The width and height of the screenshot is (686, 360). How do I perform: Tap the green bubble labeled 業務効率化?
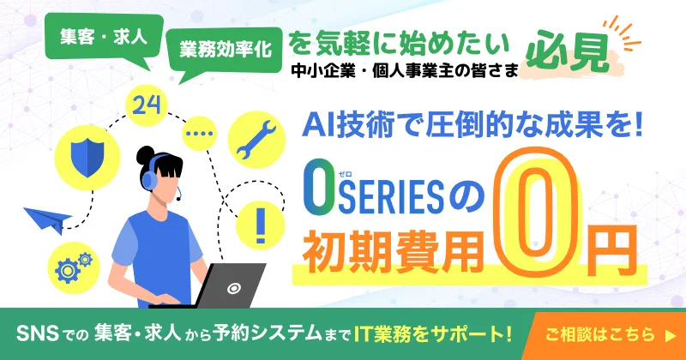pyautogui.click(x=226, y=50)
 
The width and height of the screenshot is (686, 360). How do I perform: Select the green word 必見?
pyautogui.click(x=573, y=52)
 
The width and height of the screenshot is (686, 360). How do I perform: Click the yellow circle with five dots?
pyautogui.click(x=200, y=135)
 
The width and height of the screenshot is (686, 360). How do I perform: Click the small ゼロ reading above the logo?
pyautogui.click(x=345, y=174)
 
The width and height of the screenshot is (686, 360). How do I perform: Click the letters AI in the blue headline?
pyautogui.click(x=318, y=126)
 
